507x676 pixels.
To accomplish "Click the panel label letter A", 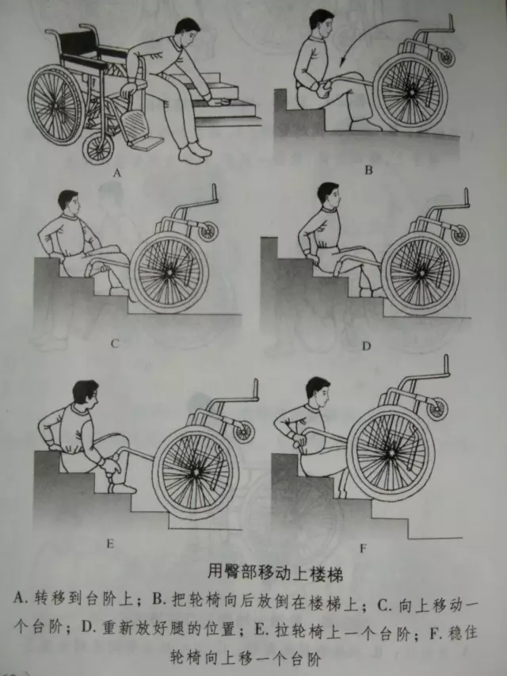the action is (116, 174).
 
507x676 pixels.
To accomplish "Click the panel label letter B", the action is (368, 170).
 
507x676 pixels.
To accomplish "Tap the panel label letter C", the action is (115, 344).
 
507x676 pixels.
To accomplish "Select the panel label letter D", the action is (366, 346).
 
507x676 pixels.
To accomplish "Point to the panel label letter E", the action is (110, 544).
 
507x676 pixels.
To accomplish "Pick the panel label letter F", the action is (363, 548).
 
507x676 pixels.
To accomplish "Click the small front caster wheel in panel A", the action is (98, 148).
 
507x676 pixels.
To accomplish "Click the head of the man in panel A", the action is (188, 31).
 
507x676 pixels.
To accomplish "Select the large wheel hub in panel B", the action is (412, 92).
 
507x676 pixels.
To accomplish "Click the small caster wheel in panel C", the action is (208, 231).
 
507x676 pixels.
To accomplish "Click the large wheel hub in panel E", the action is (196, 472).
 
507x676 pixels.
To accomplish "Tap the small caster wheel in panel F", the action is (437, 409).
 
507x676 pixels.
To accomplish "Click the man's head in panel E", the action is (86, 394).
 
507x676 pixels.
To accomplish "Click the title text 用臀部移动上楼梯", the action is (275, 574).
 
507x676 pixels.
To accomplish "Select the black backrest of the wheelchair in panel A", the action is (78, 42).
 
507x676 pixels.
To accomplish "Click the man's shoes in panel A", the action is (196, 153).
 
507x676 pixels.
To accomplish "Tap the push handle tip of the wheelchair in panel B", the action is (452, 21).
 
